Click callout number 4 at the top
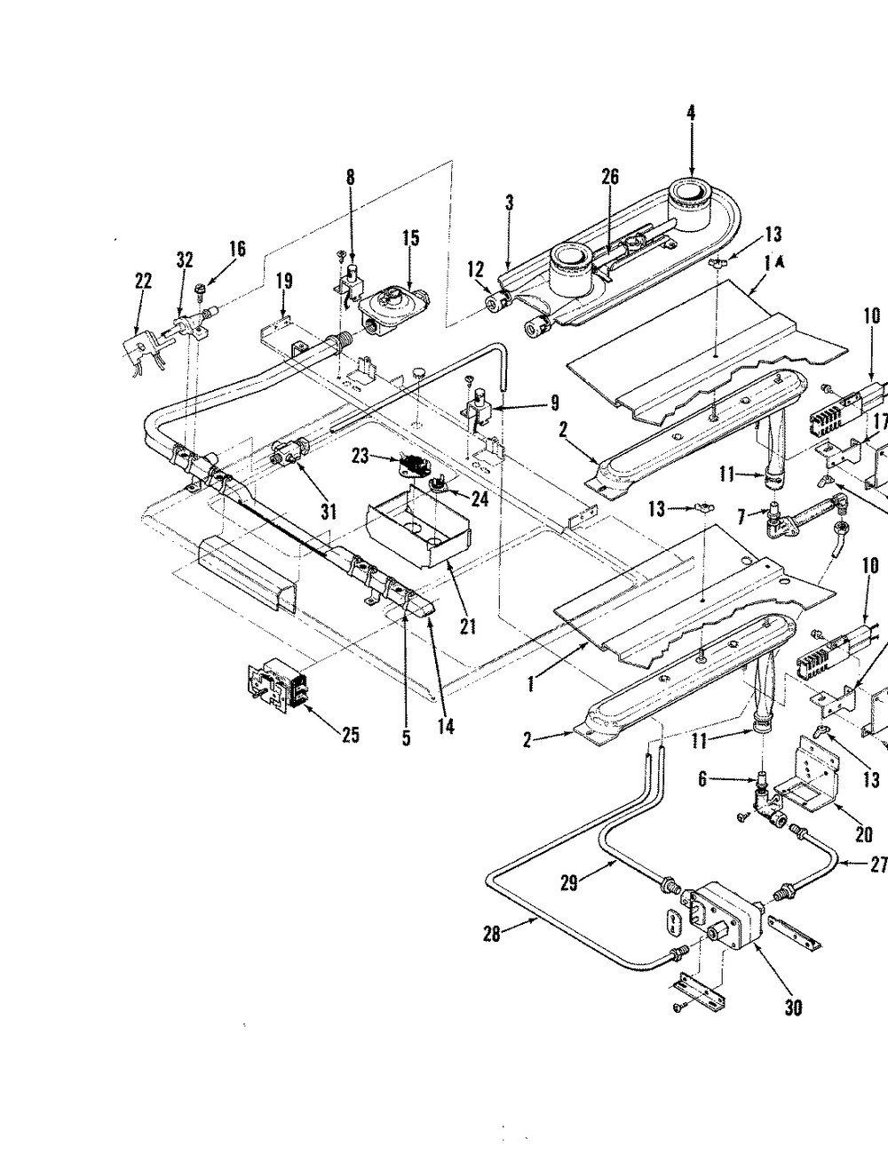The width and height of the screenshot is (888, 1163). [x=691, y=112]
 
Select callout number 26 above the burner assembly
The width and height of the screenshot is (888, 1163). [x=609, y=177]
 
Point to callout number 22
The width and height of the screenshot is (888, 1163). [x=143, y=281]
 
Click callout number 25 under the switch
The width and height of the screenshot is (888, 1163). [x=351, y=735]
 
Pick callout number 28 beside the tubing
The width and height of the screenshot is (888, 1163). [x=492, y=934]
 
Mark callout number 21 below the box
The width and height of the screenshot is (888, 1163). [x=468, y=626]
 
